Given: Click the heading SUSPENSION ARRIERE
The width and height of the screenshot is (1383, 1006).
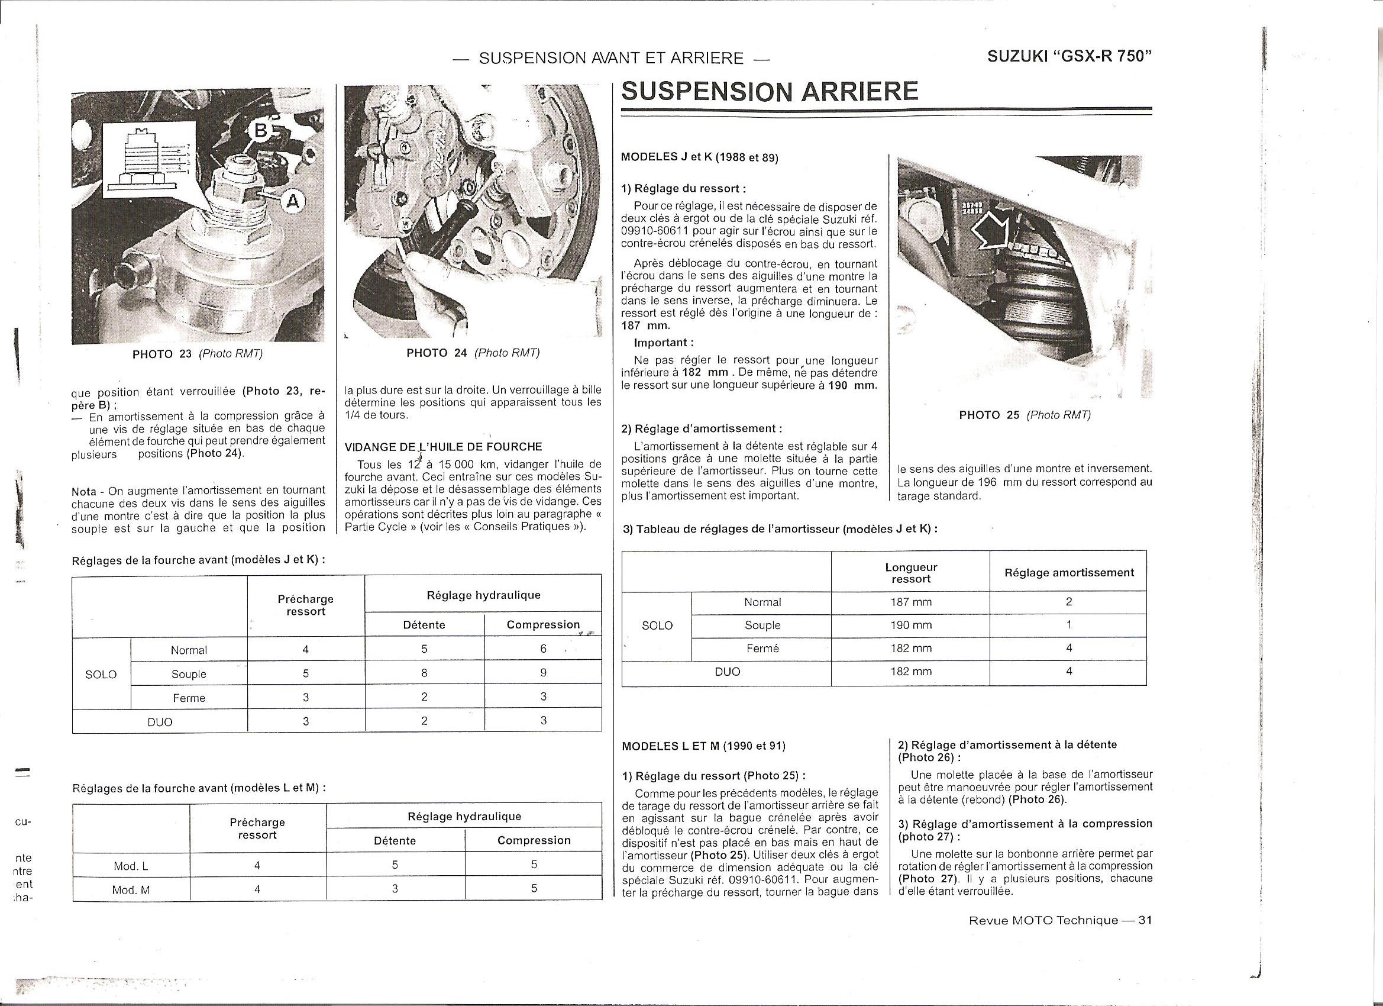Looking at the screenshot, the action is pos(770,92).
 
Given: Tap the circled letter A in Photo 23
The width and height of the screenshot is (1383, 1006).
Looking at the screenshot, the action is pos(293,201).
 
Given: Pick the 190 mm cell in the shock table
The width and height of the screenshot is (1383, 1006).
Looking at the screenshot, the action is pos(911,625).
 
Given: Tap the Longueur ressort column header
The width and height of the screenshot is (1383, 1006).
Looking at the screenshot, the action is pos(911,573).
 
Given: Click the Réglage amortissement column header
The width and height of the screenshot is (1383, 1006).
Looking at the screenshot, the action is pos(1069,573).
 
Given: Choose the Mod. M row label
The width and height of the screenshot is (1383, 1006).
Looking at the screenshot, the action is pos(131,890).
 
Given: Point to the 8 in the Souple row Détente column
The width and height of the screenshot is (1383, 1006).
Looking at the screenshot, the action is pos(424,673).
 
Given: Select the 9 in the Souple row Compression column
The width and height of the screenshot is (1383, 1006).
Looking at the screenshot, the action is pos(543,673).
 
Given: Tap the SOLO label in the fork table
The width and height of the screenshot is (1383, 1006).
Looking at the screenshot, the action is pos(101,675).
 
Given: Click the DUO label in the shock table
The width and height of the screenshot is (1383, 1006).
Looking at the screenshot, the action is pos(728,672).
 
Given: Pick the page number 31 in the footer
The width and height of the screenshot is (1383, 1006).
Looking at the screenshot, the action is pos(1145,921).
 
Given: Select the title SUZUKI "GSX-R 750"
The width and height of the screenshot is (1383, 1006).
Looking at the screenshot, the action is pos(1069,56).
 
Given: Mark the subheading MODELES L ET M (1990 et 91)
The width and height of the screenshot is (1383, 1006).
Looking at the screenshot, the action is pos(704,746).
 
